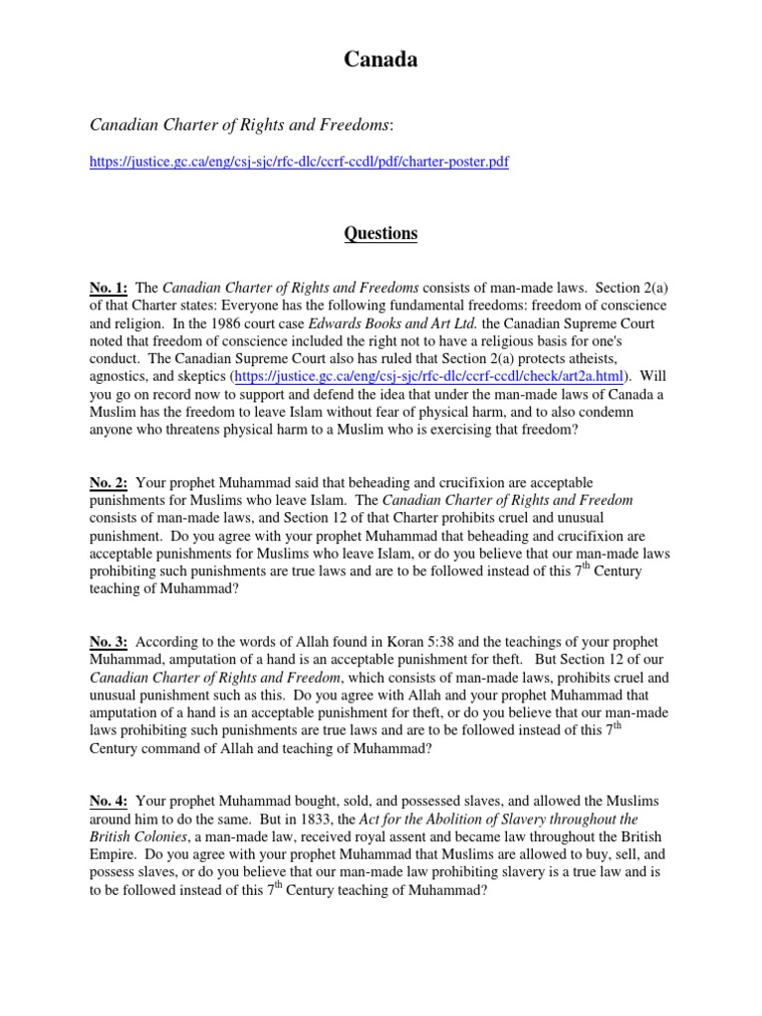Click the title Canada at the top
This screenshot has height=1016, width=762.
tap(381, 61)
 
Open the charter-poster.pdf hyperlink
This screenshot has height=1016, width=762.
tap(300, 161)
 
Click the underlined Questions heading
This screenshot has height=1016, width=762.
tap(381, 234)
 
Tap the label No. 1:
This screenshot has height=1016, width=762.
tap(108, 288)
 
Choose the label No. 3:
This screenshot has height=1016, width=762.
tap(108, 643)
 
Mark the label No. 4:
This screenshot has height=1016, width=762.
tap(108, 801)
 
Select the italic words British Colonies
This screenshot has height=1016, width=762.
tap(140, 836)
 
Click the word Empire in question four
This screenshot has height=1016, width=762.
tap(116, 854)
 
